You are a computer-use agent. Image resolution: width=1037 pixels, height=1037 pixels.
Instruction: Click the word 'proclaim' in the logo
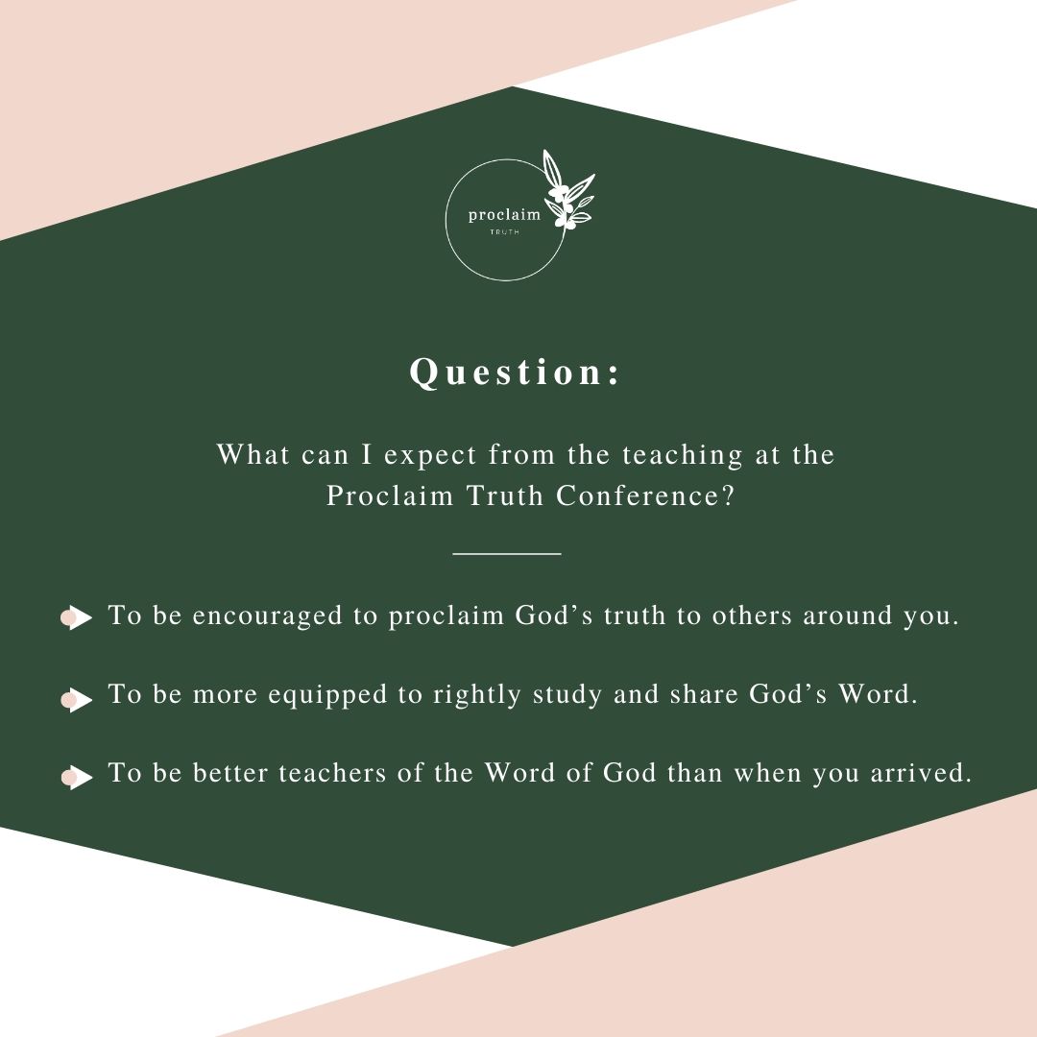coord(504,215)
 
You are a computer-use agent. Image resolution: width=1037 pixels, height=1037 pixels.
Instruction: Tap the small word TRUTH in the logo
coord(505,232)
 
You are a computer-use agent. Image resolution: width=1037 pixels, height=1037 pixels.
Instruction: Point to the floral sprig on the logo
coord(567,195)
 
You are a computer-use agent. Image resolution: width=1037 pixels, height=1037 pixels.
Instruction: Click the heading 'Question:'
coord(516,373)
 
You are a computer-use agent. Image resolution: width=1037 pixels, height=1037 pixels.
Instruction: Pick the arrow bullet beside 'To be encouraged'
coord(77,617)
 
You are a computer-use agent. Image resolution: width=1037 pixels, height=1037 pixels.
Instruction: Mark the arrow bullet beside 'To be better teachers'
coord(77,777)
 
